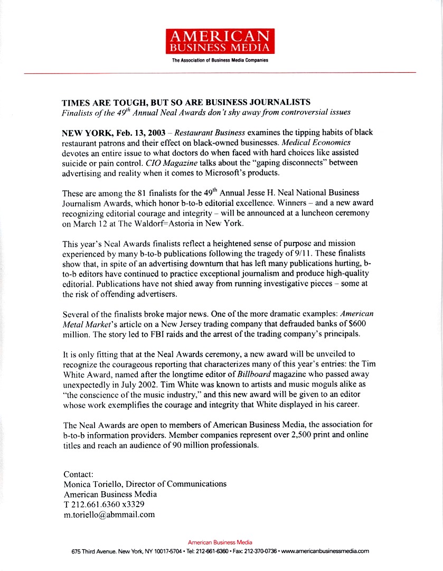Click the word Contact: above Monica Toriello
pos(78,474)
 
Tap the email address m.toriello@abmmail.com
pos(109,514)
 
